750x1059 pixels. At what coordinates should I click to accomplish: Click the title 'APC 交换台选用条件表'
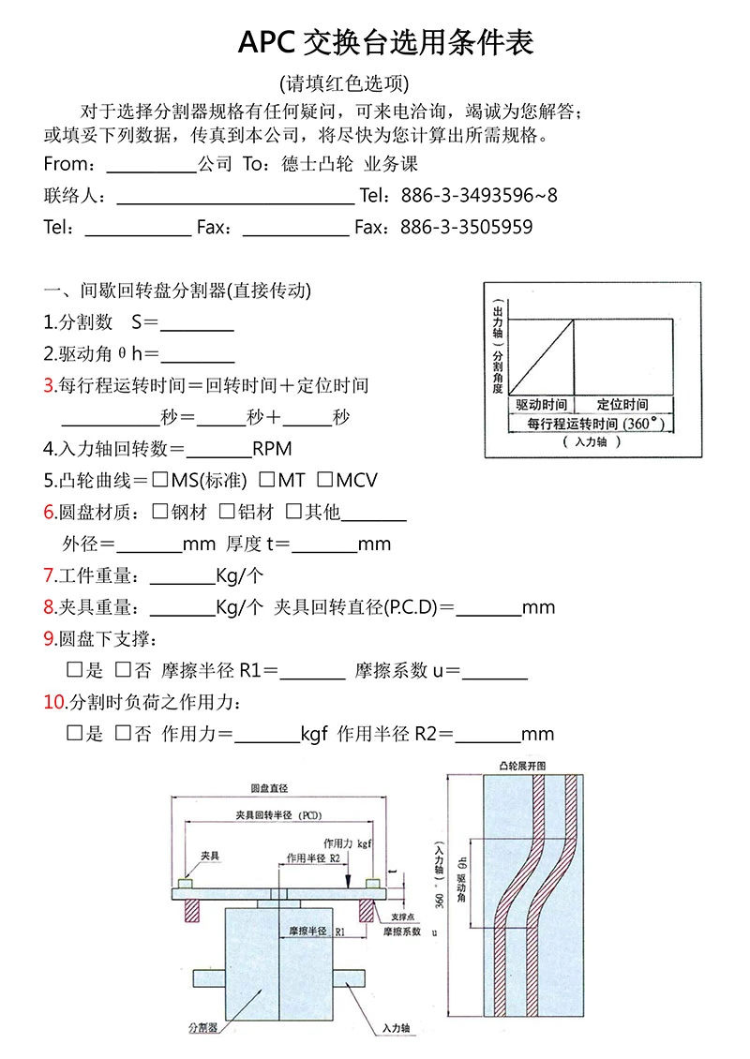385,42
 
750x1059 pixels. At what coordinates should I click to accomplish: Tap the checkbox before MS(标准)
159,480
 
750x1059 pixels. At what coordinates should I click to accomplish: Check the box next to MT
267,480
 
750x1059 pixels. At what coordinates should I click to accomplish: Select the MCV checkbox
325,480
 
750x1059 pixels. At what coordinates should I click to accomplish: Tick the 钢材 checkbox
159,512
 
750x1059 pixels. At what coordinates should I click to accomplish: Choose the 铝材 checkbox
227,512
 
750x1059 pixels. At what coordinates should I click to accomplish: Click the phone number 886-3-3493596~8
478,196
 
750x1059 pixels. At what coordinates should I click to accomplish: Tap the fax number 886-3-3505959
466,228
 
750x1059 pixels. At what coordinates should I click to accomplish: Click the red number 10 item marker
54,702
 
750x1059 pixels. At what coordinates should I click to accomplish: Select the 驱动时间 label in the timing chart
541,405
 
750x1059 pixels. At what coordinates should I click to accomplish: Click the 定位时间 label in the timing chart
622,405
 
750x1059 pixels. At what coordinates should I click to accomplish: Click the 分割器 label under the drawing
202,1028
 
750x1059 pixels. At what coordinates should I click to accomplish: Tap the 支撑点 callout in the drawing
406,917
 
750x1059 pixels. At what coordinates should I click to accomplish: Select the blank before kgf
266,735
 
